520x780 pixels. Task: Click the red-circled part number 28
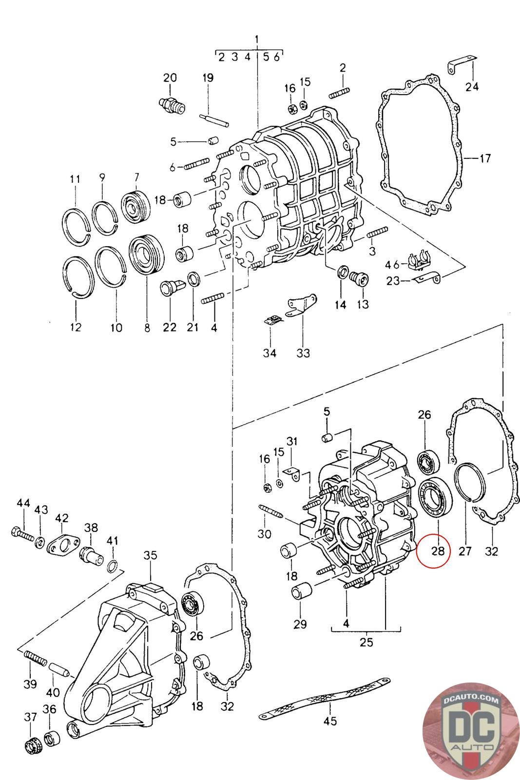tap(438, 550)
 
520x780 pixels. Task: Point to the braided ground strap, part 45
tap(325, 696)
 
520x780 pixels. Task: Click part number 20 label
tap(170, 78)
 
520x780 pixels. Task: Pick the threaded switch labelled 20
tap(172, 104)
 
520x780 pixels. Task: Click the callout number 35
tap(151, 555)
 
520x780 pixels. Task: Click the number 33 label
tap(303, 353)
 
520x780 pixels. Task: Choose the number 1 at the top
tap(257, 39)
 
